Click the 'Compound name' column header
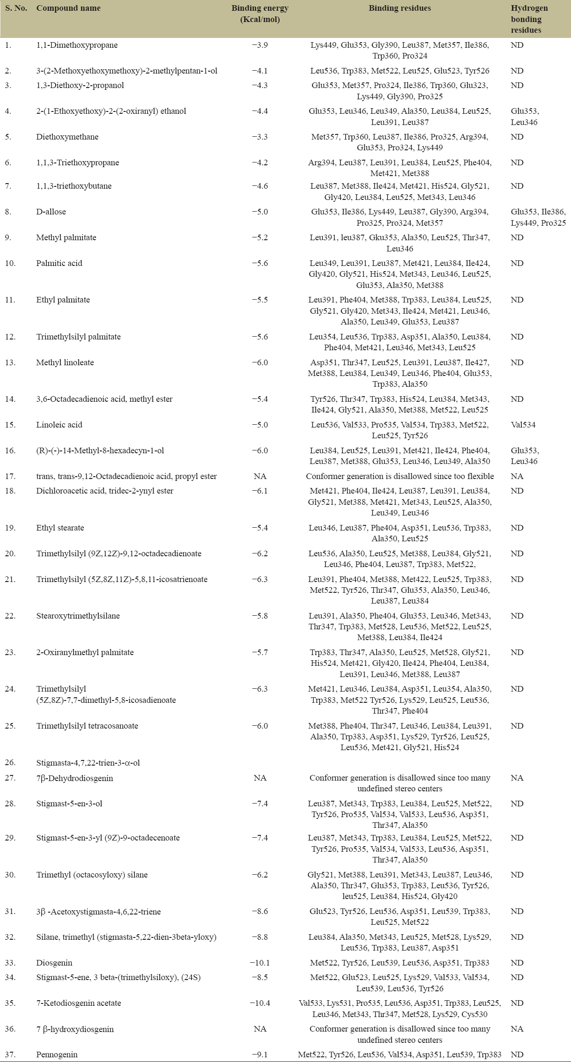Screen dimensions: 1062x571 68,8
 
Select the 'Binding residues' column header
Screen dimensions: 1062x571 400,8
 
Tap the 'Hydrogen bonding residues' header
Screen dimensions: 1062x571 529,19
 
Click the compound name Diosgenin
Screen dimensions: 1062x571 54,963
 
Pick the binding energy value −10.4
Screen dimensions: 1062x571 260,1003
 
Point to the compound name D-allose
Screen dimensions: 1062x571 51,212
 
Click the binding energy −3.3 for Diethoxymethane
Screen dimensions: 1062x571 260,137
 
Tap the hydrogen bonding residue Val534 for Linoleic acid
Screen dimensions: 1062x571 523,425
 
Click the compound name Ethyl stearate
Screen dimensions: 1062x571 60,528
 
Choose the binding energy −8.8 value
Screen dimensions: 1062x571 260,937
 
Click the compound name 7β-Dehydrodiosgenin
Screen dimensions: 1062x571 75,778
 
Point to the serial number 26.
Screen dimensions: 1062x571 10,762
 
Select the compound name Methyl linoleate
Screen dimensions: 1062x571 65,362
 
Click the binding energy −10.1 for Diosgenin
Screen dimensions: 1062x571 260,963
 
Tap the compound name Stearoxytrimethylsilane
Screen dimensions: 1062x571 78,616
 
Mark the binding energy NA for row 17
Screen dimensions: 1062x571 260,476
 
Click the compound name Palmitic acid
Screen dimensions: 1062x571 59,263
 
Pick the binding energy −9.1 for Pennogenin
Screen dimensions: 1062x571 260,1055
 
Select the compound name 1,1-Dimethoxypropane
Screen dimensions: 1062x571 77,45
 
